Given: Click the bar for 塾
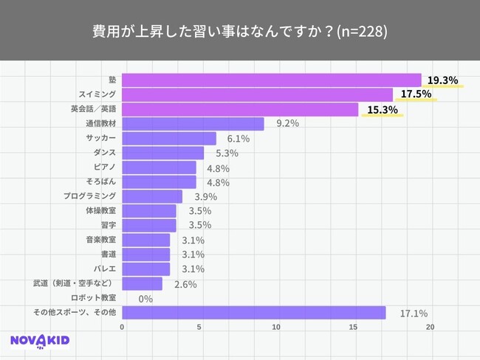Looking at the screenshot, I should click(271, 80).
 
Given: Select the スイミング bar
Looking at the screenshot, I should click(257, 95).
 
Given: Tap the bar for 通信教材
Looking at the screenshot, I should click(193, 124).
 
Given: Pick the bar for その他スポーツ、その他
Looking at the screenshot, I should click(253, 313).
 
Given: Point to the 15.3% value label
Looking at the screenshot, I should click(382, 110).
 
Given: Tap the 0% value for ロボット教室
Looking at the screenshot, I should click(145, 299).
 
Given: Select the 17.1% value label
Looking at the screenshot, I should click(414, 314).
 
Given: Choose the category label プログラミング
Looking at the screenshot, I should click(89, 196).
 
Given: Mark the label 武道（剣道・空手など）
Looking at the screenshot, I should click(75, 283).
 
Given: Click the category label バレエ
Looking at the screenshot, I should click(105, 269).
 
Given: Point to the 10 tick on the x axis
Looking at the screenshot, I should click(276, 327).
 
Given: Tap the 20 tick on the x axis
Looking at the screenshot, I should click(431, 327).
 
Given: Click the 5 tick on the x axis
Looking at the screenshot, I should click(199, 327).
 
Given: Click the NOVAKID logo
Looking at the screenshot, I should click(41, 340).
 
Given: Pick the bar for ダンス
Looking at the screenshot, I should click(162, 153).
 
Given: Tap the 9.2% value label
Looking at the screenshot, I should click(287, 124).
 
